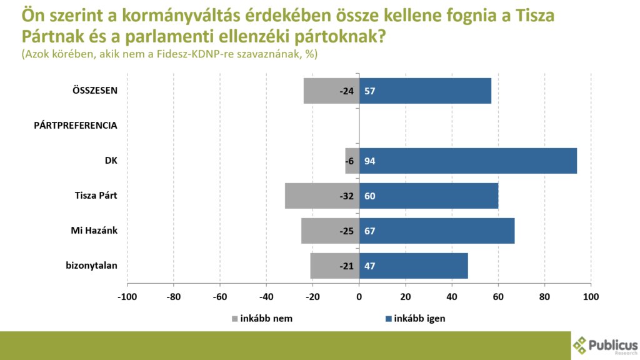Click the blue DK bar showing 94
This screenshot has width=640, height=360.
tap(467, 161)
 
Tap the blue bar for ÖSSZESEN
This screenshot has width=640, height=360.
tap(425, 91)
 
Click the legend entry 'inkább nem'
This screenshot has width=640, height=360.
tap(266, 318)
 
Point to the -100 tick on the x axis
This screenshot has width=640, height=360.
tap(127, 296)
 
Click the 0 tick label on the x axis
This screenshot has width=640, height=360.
tap(359, 296)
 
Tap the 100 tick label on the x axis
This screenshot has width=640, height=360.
tap(591, 296)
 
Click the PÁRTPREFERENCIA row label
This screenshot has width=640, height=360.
tap(76, 126)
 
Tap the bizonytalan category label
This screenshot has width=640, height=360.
tap(92, 266)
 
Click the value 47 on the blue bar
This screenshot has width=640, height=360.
tap(369, 266)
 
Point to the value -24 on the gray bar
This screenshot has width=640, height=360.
tap(347, 91)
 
